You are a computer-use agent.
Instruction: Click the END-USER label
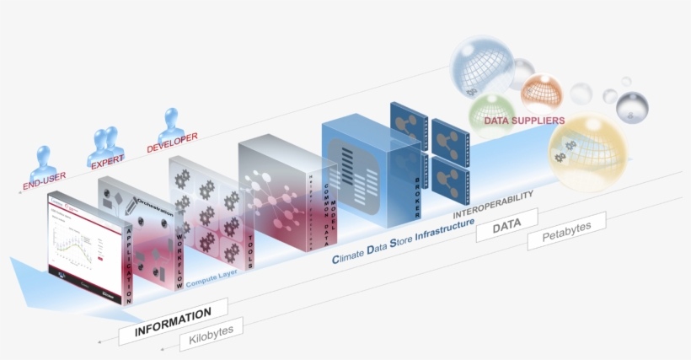tap(44, 181)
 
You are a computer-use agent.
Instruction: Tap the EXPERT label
tap(107, 159)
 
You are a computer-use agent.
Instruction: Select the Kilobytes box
tap(212, 334)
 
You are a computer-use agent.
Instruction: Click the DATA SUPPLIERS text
tap(523, 121)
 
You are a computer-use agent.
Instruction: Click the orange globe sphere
tap(541, 93)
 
